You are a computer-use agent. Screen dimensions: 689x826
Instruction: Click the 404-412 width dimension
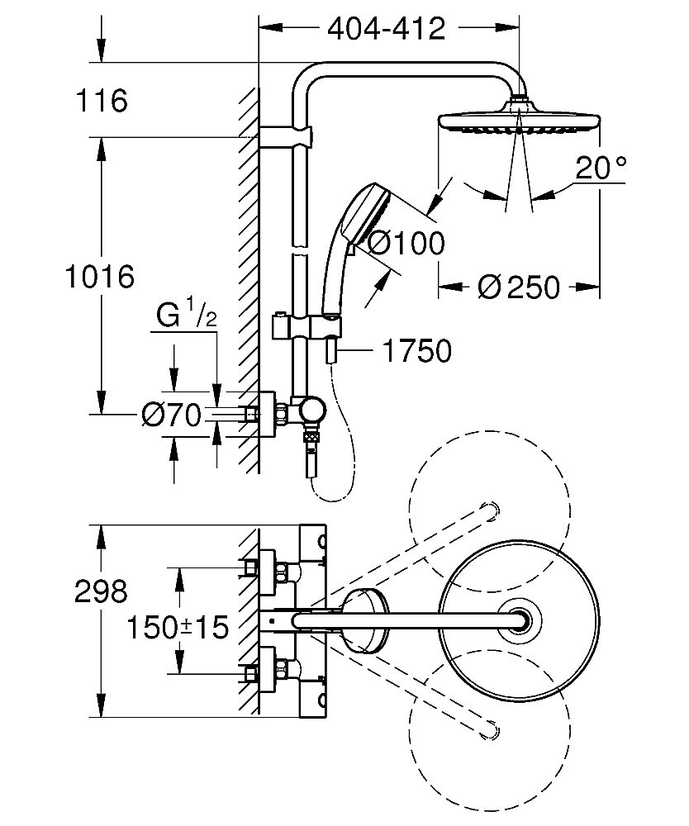click(386, 29)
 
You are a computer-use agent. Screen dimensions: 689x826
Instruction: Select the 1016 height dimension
click(100, 277)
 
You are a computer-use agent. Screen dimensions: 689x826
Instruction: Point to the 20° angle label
click(601, 168)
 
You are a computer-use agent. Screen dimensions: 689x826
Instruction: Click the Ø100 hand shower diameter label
click(405, 244)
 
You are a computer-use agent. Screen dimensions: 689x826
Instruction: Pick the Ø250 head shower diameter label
click(519, 287)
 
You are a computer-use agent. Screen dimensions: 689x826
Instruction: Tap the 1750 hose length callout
click(416, 351)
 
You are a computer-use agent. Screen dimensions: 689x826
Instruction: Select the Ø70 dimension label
click(172, 415)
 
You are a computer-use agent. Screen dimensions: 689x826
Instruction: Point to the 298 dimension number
click(101, 591)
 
